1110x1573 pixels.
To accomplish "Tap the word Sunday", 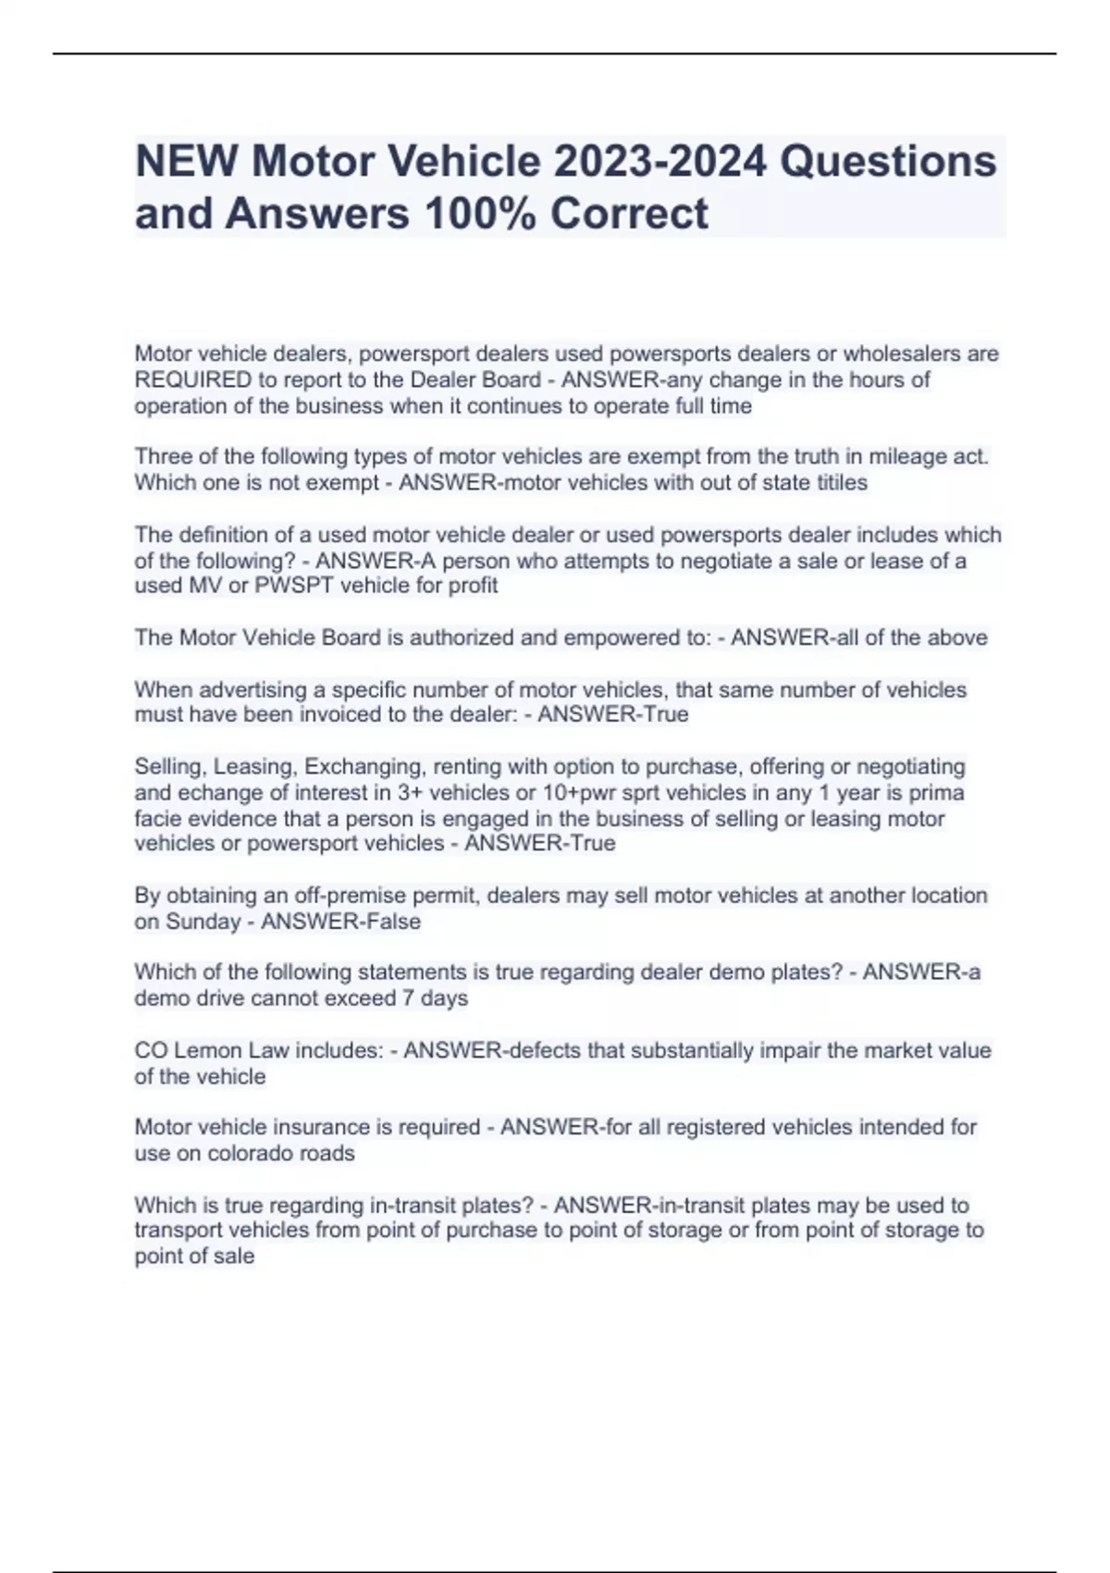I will click(x=203, y=922).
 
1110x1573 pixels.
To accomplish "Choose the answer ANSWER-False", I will click(x=341, y=922).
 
